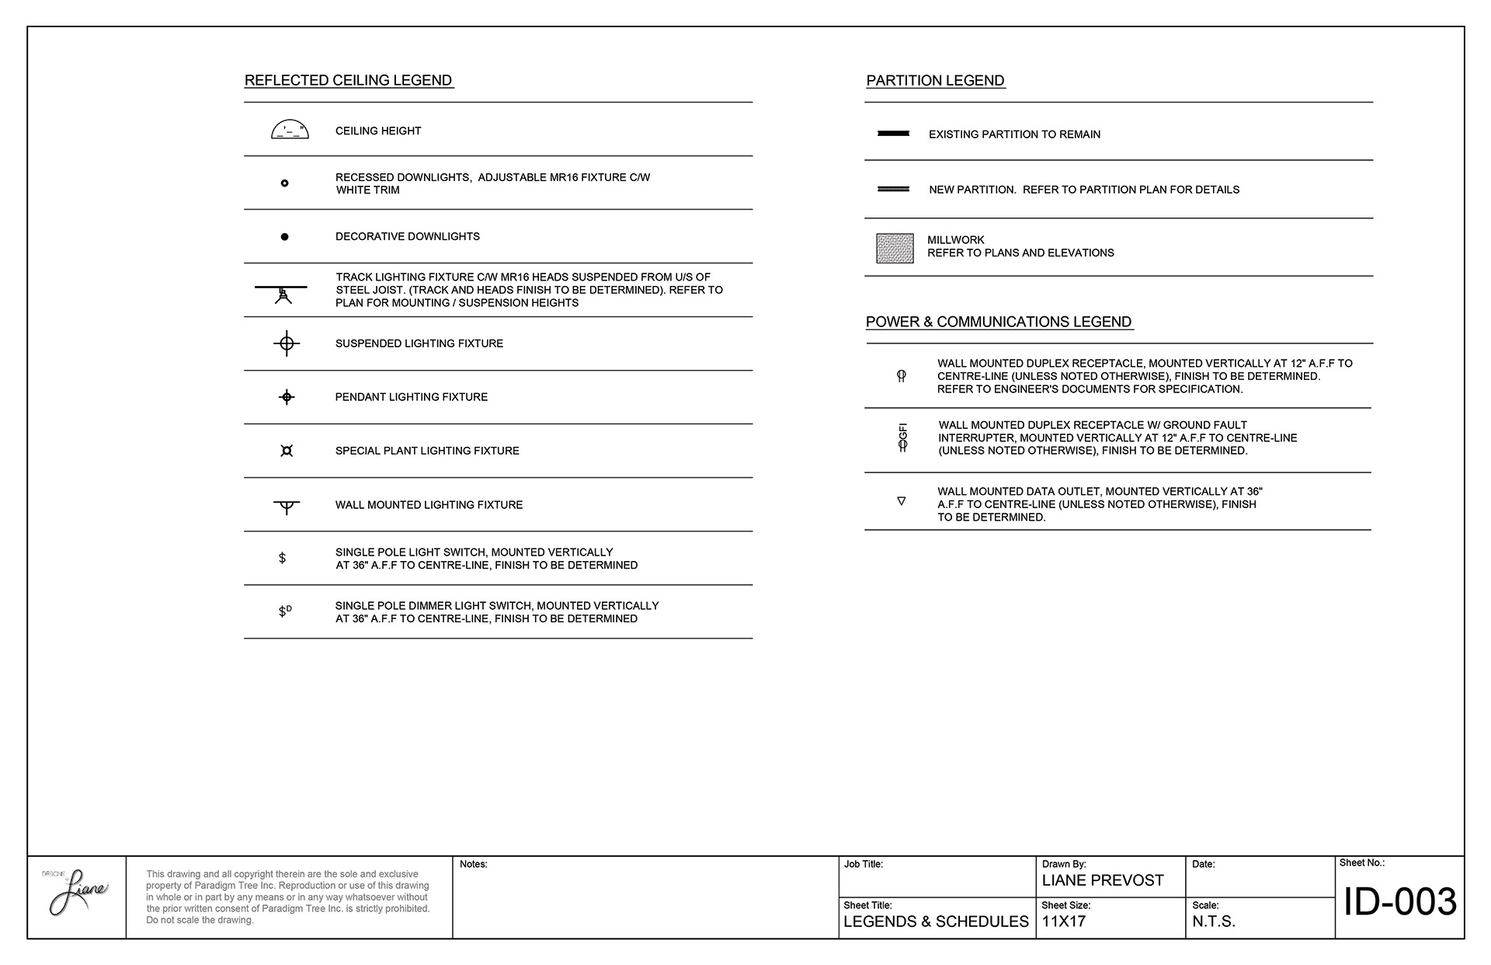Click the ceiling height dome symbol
pyautogui.click(x=290, y=131)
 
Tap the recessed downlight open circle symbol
pyautogui.click(x=284, y=183)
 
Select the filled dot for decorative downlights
pyautogui.click(x=284, y=236)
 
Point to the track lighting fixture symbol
pyautogui.click(x=282, y=292)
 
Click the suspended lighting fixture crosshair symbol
pyautogui.click(x=287, y=343)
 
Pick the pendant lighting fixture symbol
pyautogui.click(x=287, y=397)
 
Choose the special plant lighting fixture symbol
pyautogui.click(x=287, y=451)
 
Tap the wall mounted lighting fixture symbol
pyautogui.click(x=287, y=507)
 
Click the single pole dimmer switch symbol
pyautogui.click(x=284, y=611)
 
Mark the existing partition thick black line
pyautogui.click(x=893, y=134)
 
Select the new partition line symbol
pyautogui.click(x=893, y=189)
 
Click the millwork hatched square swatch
pyautogui.click(x=895, y=249)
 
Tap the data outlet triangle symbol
pyautogui.click(x=902, y=501)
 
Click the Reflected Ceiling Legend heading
pyautogui.click(x=349, y=81)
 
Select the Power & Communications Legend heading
pyautogui.click(x=999, y=322)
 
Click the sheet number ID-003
pyautogui.click(x=1399, y=902)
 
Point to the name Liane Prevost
pyautogui.click(x=1103, y=880)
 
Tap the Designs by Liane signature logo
pyautogui.click(x=77, y=894)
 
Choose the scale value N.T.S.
pyautogui.click(x=1214, y=922)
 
